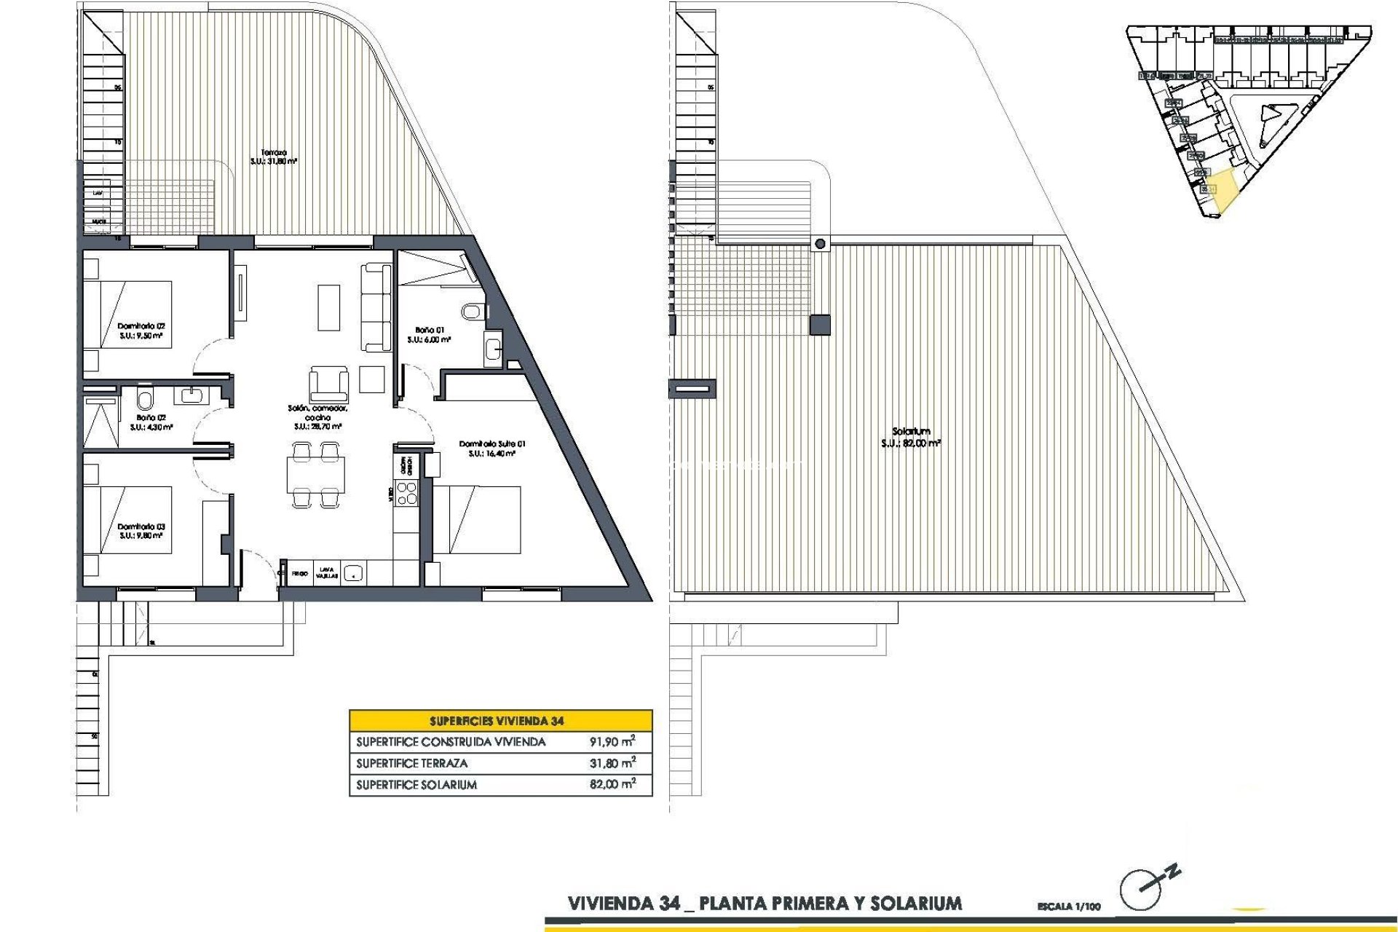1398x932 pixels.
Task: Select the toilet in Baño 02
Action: (145, 398)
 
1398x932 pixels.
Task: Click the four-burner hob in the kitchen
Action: (406, 493)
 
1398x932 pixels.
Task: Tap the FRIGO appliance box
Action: (299, 574)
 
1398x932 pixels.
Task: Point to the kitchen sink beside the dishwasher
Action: (354, 573)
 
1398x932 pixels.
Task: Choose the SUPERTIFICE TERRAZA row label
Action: (412, 763)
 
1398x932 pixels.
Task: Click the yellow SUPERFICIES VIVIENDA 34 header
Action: (500, 721)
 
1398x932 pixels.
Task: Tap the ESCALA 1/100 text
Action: (1069, 907)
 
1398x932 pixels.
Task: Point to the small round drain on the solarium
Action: (821, 244)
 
